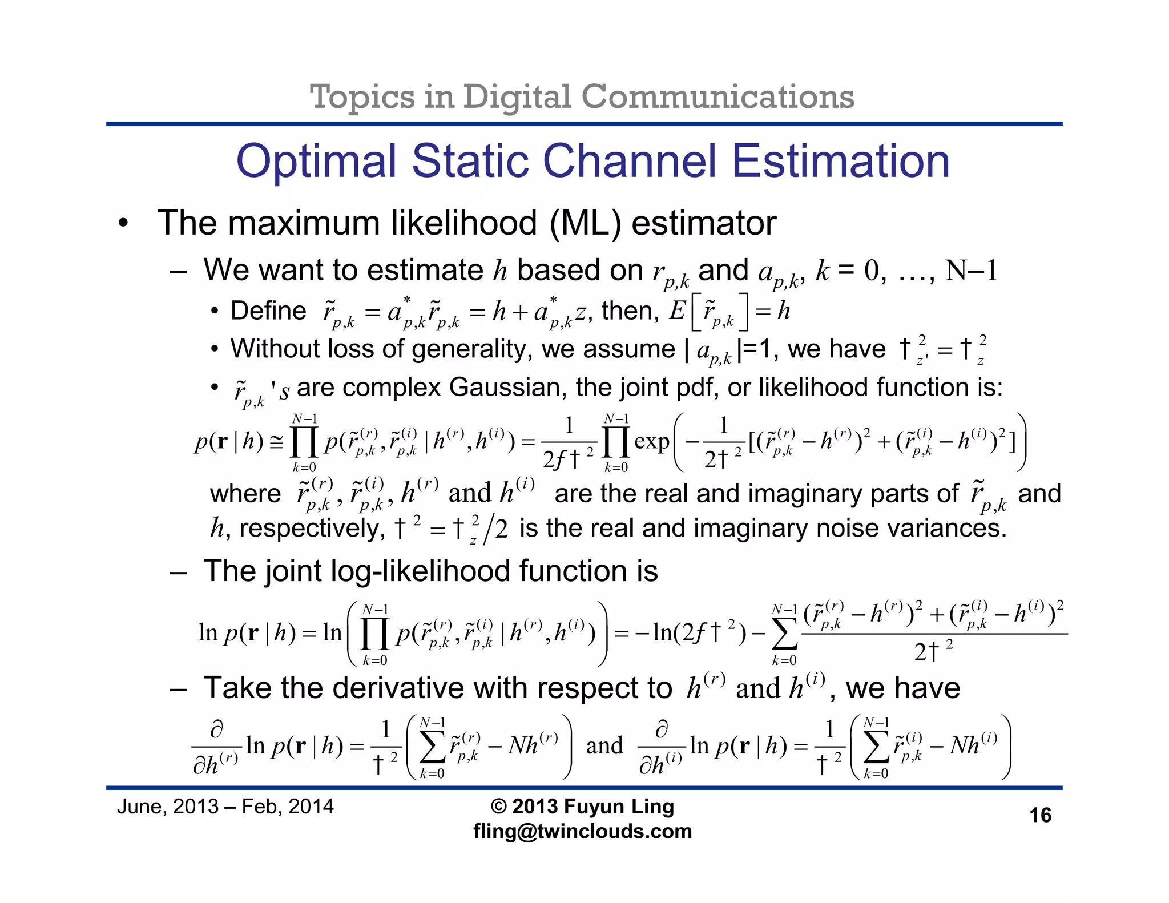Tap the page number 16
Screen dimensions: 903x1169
click(x=1040, y=815)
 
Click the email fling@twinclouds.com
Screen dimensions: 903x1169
click(x=582, y=831)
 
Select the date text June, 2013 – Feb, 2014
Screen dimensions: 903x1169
click(x=225, y=807)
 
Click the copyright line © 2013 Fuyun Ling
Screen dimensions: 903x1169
click(x=582, y=807)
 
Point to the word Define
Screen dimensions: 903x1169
click(x=268, y=311)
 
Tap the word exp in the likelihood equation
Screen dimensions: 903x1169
click(x=651, y=441)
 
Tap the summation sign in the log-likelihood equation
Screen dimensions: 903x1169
click(x=784, y=635)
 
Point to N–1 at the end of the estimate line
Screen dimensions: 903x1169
click(x=971, y=271)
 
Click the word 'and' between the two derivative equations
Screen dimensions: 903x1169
click(x=604, y=746)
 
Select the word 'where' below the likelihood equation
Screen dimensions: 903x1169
click(x=245, y=494)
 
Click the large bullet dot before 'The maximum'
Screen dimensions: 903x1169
click(x=123, y=224)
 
